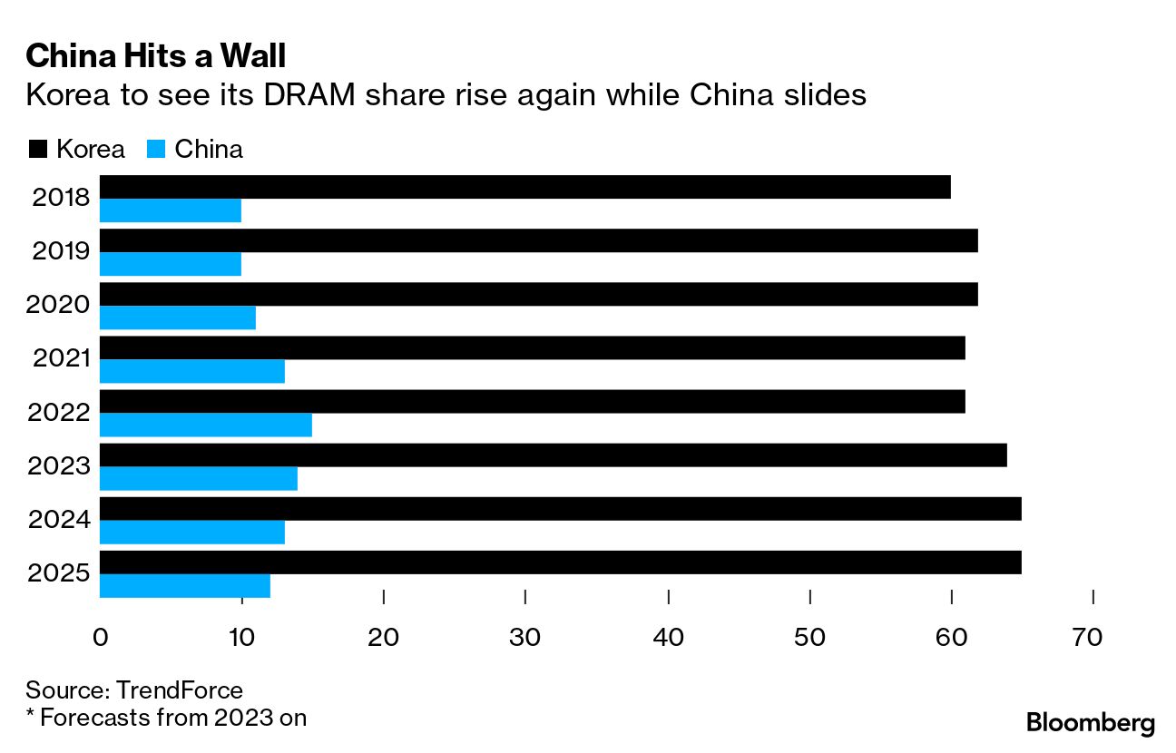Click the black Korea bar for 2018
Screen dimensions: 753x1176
(x=524, y=187)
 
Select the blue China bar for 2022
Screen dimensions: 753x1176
(x=205, y=425)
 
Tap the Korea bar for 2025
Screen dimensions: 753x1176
(x=560, y=562)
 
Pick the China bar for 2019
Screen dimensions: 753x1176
(x=170, y=264)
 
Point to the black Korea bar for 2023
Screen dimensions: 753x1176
(x=553, y=455)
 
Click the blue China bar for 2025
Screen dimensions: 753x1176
(x=184, y=586)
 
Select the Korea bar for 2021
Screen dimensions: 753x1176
(x=532, y=348)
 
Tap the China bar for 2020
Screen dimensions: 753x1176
(x=177, y=318)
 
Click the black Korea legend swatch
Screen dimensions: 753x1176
(x=37, y=150)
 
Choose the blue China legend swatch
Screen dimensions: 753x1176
(x=155, y=150)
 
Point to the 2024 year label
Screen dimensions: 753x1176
(x=59, y=521)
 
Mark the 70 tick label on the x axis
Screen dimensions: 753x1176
(x=1087, y=638)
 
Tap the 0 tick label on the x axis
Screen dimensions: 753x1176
(x=101, y=638)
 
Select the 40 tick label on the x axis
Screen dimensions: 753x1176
(x=668, y=638)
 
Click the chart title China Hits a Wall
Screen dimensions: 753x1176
(x=155, y=57)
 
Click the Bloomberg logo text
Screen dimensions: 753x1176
(x=1090, y=723)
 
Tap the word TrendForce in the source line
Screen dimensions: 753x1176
(x=179, y=690)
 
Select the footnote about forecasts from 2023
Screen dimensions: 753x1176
(x=166, y=717)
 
